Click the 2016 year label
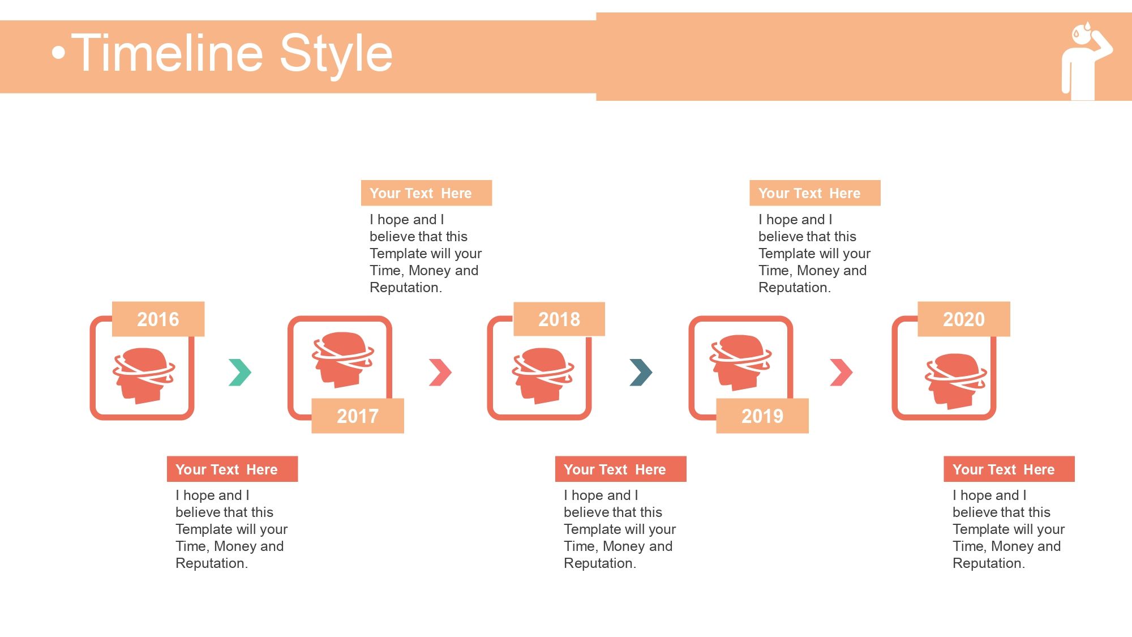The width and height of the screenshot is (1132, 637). click(x=158, y=319)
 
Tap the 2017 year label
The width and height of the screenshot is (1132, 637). click(x=358, y=416)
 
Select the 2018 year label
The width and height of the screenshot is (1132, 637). click(x=559, y=319)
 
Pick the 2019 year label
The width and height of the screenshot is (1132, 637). click(x=762, y=416)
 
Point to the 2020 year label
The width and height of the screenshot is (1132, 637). click(x=964, y=319)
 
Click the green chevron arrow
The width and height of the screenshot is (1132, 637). click(x=240, y=373)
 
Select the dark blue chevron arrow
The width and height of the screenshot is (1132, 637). click(x=641, y=373)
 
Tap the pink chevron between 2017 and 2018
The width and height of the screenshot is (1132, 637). click(x=440, y=373)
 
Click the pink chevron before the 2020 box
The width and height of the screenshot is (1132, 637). click(x=841, y=373)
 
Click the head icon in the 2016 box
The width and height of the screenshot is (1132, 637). click(x=143, y=375)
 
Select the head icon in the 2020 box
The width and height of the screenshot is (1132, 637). click(x=956, y=381)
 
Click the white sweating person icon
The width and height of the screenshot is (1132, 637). click(x=1086, y=61)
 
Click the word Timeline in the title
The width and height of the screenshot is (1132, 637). click(x=168, y=54)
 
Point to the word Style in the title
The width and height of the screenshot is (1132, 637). click(x=336, y=55)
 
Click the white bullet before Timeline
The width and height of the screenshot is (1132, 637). click(x=58, y=53)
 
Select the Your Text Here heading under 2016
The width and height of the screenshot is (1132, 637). click(x=226, y=469)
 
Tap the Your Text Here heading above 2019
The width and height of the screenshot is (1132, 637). click(x=809, y=193)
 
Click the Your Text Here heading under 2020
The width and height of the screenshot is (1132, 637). click(x=1004, y=469)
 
